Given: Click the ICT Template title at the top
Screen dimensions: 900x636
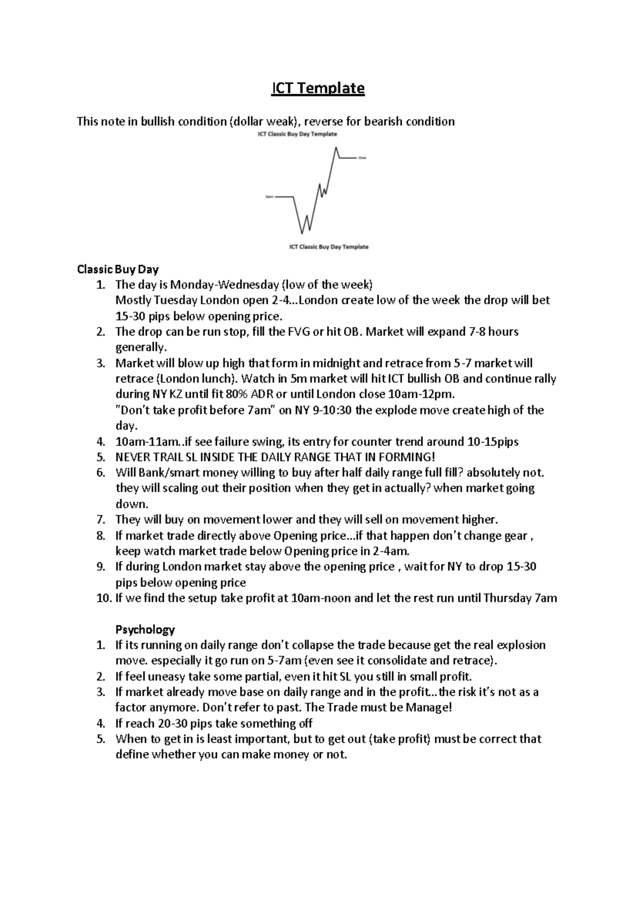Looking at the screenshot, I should click(x=317, y=88).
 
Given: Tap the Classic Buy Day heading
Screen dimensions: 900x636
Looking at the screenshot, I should click(x=118, y=269).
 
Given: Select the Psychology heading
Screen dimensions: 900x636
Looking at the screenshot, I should click(x=145, y=630).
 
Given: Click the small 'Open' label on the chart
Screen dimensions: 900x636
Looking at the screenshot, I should click(x=269, y=197).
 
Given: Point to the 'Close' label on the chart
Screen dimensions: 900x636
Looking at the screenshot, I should click(x=362, y=158).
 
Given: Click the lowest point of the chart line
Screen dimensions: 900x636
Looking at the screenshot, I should click(x=302, y=233).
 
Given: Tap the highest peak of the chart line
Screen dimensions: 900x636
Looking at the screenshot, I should click(x=336, y=147).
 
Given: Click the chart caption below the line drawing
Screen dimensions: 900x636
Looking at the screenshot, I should click(x=329, y=247).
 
